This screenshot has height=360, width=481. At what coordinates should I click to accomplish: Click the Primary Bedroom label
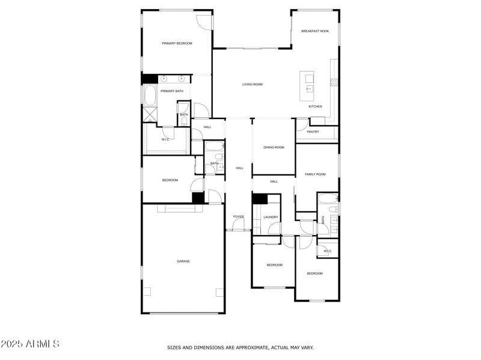point(177,43)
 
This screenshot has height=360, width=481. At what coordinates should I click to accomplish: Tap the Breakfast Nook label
point(315,31)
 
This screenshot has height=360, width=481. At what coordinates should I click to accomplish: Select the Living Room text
point(253,85)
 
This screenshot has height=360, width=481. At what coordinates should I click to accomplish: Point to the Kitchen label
point(316,106)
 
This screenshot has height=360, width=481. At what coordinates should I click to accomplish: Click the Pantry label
point(313,132)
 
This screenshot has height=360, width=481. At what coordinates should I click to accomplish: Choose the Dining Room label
point(274,147)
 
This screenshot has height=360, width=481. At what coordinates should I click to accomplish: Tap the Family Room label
point(315,174)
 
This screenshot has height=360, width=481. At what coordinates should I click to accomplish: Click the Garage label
point(183,261)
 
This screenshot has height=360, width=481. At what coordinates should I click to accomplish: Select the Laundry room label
point(271,217)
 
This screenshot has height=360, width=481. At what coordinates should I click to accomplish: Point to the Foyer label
point(239,216)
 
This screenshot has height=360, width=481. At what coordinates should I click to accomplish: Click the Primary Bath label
point(172,91)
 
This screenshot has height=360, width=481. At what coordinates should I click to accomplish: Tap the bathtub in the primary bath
point(150,96)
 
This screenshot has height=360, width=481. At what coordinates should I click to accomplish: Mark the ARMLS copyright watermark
point(30,344)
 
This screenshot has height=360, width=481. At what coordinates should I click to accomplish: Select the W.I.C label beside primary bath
point(165,139)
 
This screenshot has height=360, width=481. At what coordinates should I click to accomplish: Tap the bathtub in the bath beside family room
point(327,201)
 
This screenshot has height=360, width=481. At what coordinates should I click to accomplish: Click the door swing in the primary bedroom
point(204,21)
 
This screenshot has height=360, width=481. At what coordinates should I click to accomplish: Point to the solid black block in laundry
point(259,200)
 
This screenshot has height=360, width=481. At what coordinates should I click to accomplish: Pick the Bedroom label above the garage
point(170,180)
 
